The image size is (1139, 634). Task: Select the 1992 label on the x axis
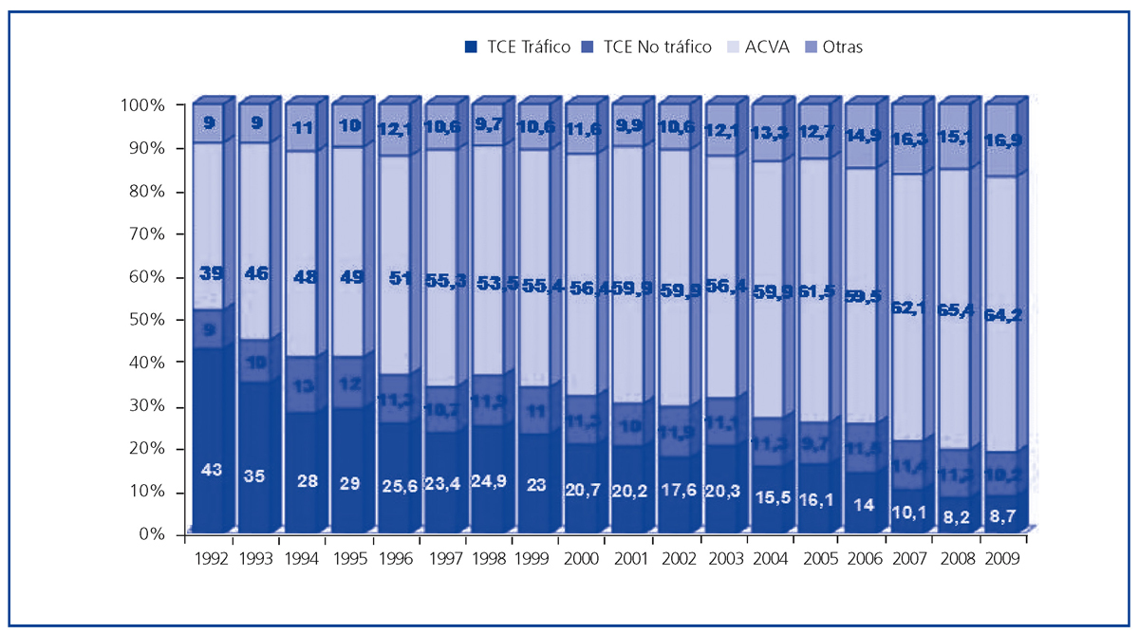point(211,560)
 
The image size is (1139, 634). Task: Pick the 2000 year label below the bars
point(583,560)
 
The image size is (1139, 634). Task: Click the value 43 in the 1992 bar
point(211,469)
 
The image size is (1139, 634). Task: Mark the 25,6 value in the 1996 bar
point(398,488)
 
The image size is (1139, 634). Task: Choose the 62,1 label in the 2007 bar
point(909,306)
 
